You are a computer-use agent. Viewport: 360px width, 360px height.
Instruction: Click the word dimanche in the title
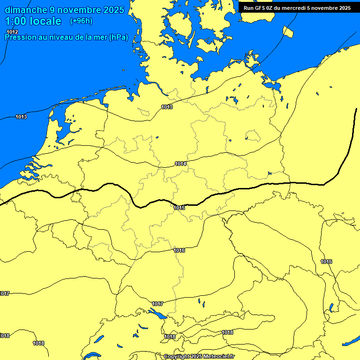(x=26, y=10)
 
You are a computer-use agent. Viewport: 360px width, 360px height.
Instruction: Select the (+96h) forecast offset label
(x=81, y=21)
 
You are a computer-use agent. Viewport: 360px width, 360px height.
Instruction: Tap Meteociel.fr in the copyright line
(x=217, y=356)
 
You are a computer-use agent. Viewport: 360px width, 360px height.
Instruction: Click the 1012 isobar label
(x=12, y=32)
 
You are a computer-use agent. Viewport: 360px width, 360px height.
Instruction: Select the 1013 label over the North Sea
(x=21, y=117)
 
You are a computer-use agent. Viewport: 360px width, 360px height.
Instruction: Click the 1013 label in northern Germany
(x=167, y=107)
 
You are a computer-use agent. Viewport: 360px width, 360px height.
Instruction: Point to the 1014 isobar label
(x=181, y=164)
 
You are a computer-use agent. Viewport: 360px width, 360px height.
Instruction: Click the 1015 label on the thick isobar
(x=179, y=208)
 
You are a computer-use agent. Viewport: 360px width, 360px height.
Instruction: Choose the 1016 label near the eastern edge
(x=326, y=262)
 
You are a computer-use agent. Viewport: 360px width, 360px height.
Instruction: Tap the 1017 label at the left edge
(x=5, y=293)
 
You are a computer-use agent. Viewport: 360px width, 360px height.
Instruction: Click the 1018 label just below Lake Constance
(x=170, y=337)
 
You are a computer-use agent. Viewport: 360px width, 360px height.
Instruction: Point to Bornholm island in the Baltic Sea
(x=289, y=31)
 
